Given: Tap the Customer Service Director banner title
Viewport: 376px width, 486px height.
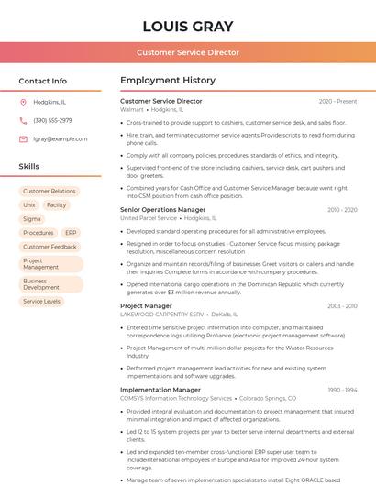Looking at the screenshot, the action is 187,53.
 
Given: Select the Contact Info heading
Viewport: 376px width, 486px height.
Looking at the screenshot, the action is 43,81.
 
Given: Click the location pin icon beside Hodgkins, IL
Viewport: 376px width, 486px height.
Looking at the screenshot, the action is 23,103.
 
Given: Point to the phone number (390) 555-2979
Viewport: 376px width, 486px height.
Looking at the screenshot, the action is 52,120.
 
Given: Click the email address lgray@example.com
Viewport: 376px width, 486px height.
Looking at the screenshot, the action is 61,138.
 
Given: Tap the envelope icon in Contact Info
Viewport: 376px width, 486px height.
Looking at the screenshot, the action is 23,138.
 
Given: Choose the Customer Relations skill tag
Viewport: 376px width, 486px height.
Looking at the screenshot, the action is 50,192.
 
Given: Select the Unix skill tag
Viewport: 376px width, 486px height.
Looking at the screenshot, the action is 29,205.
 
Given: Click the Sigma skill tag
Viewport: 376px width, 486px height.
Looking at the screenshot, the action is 32,219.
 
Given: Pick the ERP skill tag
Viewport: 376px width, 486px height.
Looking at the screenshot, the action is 71,233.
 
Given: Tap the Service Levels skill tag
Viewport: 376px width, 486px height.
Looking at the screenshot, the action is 42,301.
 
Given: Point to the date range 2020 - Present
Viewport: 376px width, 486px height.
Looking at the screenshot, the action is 337,101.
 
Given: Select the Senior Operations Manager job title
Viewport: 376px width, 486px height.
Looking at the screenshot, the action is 162,210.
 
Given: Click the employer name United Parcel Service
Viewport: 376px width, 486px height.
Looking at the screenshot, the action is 148,219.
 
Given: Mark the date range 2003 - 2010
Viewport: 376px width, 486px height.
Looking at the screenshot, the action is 342,306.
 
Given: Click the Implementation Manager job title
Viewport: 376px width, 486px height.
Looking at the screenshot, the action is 160,390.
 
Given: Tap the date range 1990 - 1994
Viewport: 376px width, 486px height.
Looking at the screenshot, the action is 342,390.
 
